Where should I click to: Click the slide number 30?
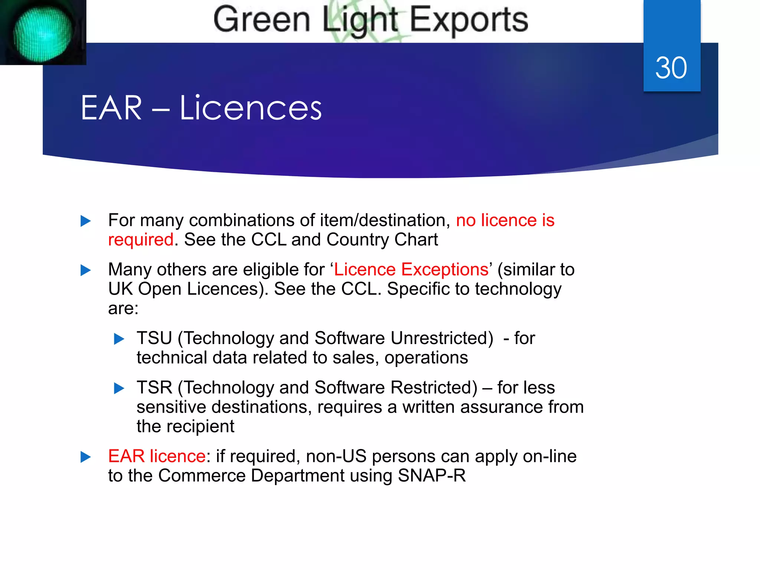pos(671,68)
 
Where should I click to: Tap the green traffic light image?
pos(42,33)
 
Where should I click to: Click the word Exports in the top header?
pos(469,20)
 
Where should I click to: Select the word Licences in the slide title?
pos(250,108)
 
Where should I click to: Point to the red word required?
pos(141,240)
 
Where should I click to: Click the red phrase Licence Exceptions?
pos(411,269)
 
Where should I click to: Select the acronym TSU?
pos(154,338)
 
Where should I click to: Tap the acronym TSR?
pos(154,387)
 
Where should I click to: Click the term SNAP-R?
pos(432,476)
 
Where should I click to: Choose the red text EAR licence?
pos(157,456)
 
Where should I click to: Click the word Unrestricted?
pos(442,338)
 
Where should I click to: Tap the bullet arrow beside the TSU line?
pos(119,339)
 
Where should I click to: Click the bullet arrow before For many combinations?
pos(86,221)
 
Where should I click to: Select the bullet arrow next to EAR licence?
pos(86,457)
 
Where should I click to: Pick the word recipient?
pos(200,426)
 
